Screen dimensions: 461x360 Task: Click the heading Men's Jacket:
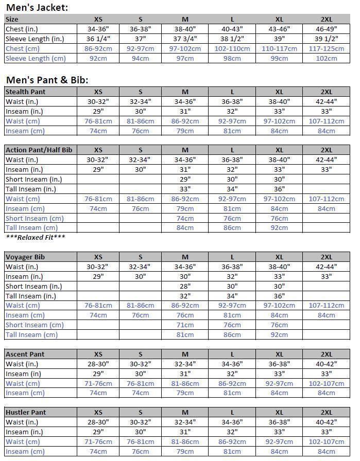click(37, 7)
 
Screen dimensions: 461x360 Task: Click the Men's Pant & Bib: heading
click(47, 80)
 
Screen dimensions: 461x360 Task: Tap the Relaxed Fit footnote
click(36, 237)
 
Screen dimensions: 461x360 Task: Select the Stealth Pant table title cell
click(25, 92)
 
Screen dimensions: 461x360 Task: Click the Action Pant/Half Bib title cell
click(39, 150)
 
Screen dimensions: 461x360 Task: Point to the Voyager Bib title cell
click(24, 257)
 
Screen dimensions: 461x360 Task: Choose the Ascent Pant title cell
click(25, 354)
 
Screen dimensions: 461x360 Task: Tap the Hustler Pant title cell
click(26, 412)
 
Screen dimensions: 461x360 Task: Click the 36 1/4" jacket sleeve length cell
click(98, 39)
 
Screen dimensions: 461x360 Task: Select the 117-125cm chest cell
click(326, 48)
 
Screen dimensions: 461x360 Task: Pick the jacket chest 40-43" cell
click(232, 29)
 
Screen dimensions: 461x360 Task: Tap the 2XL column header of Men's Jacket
click(326, 19)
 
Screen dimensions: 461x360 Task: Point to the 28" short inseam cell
click(185, 286)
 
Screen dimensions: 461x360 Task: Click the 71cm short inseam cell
click(185, 325)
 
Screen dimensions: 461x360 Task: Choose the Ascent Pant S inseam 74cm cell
click(140, 393)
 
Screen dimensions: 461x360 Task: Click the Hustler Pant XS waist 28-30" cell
click(98, 422)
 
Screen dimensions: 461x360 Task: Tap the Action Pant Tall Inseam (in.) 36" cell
click(279, 189)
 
